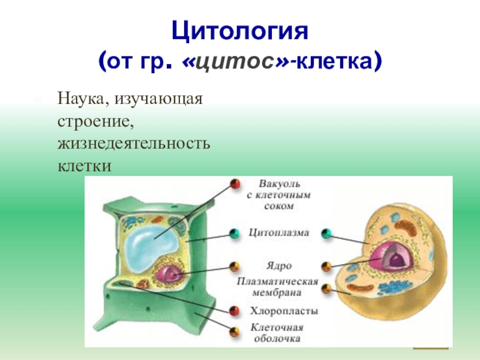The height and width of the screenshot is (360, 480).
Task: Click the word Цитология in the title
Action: click(x=240, y=30)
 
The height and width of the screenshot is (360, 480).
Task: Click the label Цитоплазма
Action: click(x=279, y=233)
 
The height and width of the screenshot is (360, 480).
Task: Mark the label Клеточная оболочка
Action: click(x=277, y=333)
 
